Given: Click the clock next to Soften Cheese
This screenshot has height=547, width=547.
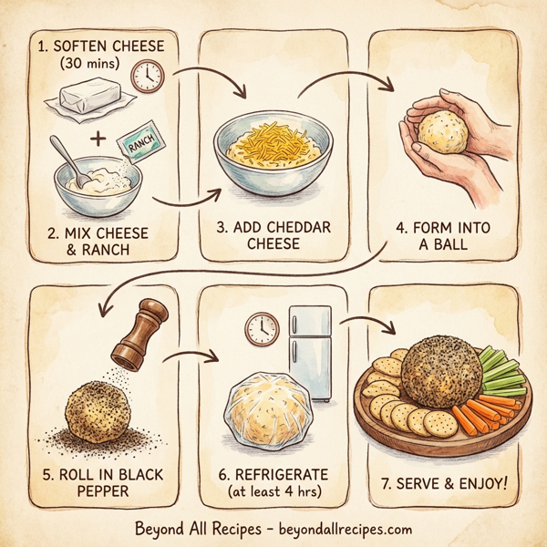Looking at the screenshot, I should pos(146,77).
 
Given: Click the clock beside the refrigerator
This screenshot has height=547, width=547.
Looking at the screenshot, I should pos(263,327).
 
